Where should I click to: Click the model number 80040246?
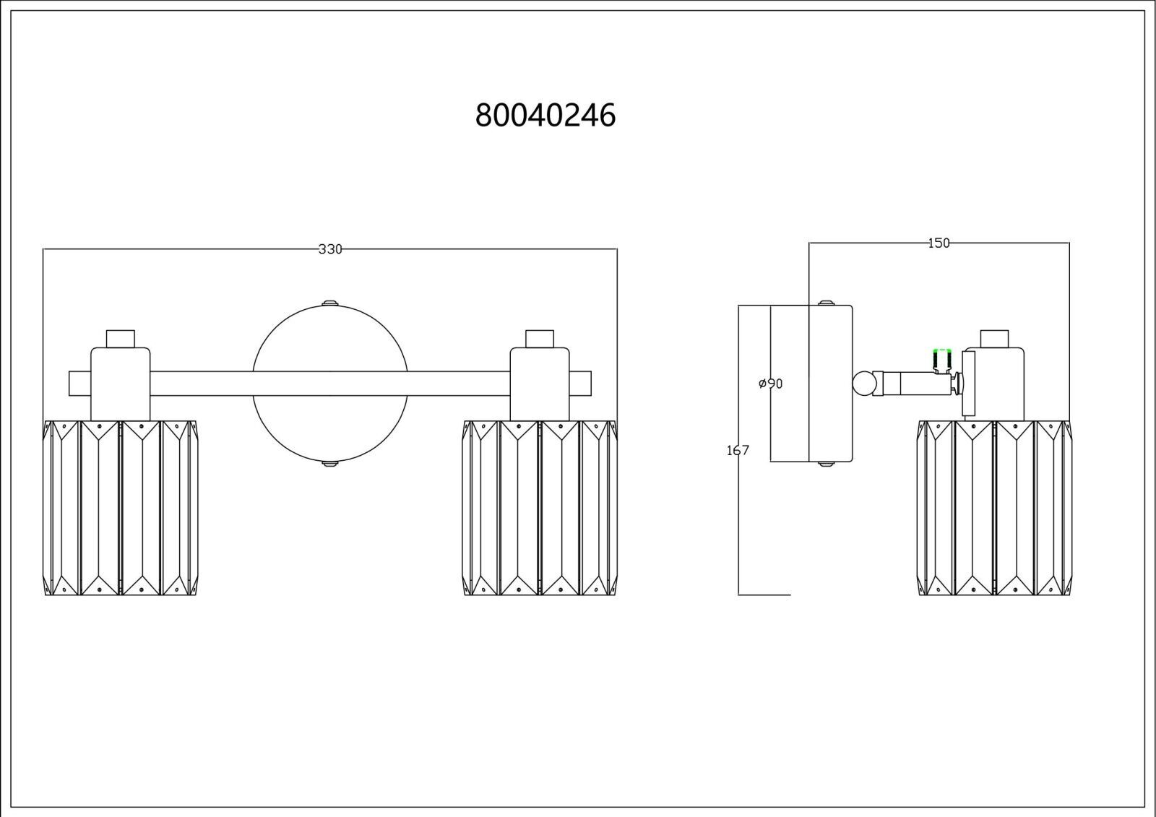point(545,115)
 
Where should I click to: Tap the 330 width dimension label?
point(329,249)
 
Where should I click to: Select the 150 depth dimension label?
point(939,243)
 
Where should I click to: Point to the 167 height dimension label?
point(738,451)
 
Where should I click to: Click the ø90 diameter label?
point(770,384)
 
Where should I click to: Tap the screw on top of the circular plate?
point(329,303)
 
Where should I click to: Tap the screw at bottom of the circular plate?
point(329,464)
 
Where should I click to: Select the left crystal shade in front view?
point(120,509)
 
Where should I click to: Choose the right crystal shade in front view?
point(540,509)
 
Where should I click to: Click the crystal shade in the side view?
point(994,509)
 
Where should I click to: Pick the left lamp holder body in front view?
point(120,384)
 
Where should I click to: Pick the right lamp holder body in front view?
point(540,384)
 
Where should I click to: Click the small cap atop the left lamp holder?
point(120,339)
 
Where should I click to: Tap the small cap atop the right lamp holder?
point(540,339)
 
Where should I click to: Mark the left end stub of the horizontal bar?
point(80,384)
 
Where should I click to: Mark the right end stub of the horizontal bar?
point(581,384)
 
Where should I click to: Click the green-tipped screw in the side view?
point(942,360)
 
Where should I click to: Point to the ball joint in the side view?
point(863,384)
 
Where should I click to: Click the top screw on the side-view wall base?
point(827,303)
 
